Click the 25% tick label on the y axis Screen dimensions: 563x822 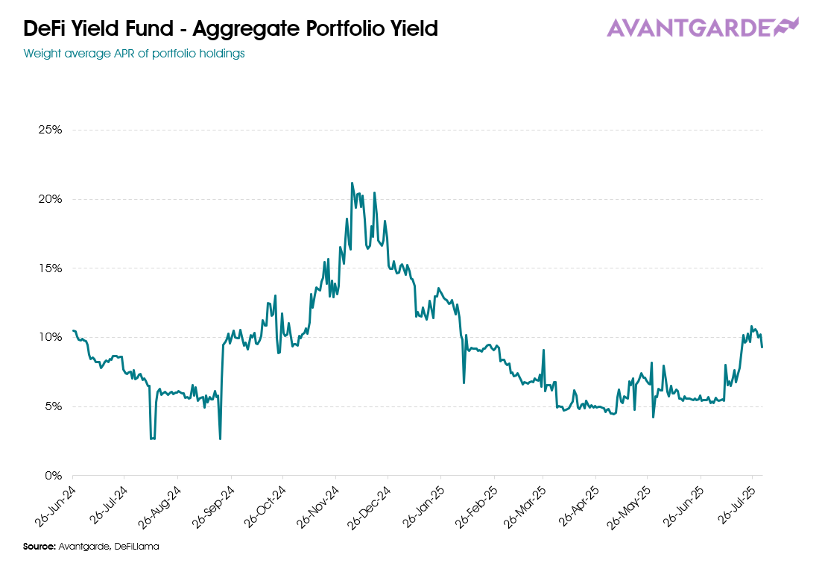tap(51, 130)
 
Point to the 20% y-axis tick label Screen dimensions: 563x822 tap(51, 199)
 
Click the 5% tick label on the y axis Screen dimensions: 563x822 tap(54, 406)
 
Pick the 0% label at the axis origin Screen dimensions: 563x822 tap(54, 475)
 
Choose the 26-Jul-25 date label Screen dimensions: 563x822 tap(739, 505)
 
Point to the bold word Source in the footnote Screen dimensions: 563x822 tap(39, 547)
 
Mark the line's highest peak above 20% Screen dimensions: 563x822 tap(352, 183)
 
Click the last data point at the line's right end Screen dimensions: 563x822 tap(762, 347)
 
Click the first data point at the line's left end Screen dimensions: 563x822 tap(73, 330)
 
